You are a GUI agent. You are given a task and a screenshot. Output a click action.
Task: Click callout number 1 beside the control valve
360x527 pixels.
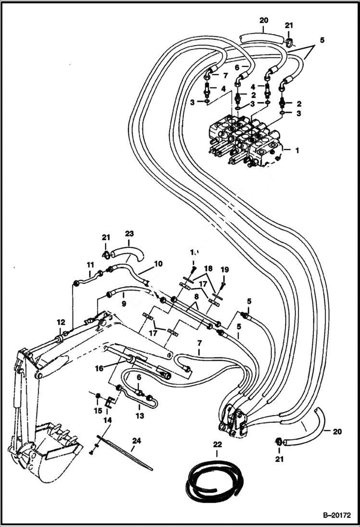(297, 150)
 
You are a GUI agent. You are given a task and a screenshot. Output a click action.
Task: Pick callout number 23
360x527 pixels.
(129, 234)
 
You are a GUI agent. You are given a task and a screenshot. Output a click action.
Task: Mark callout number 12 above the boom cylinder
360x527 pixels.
(61, 322)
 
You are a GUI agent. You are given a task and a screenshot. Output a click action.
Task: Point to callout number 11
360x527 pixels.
(90, 264)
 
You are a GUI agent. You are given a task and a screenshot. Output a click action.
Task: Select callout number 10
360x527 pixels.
(158, 263)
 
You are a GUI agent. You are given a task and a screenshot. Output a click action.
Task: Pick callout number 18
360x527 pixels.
(208, 268)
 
